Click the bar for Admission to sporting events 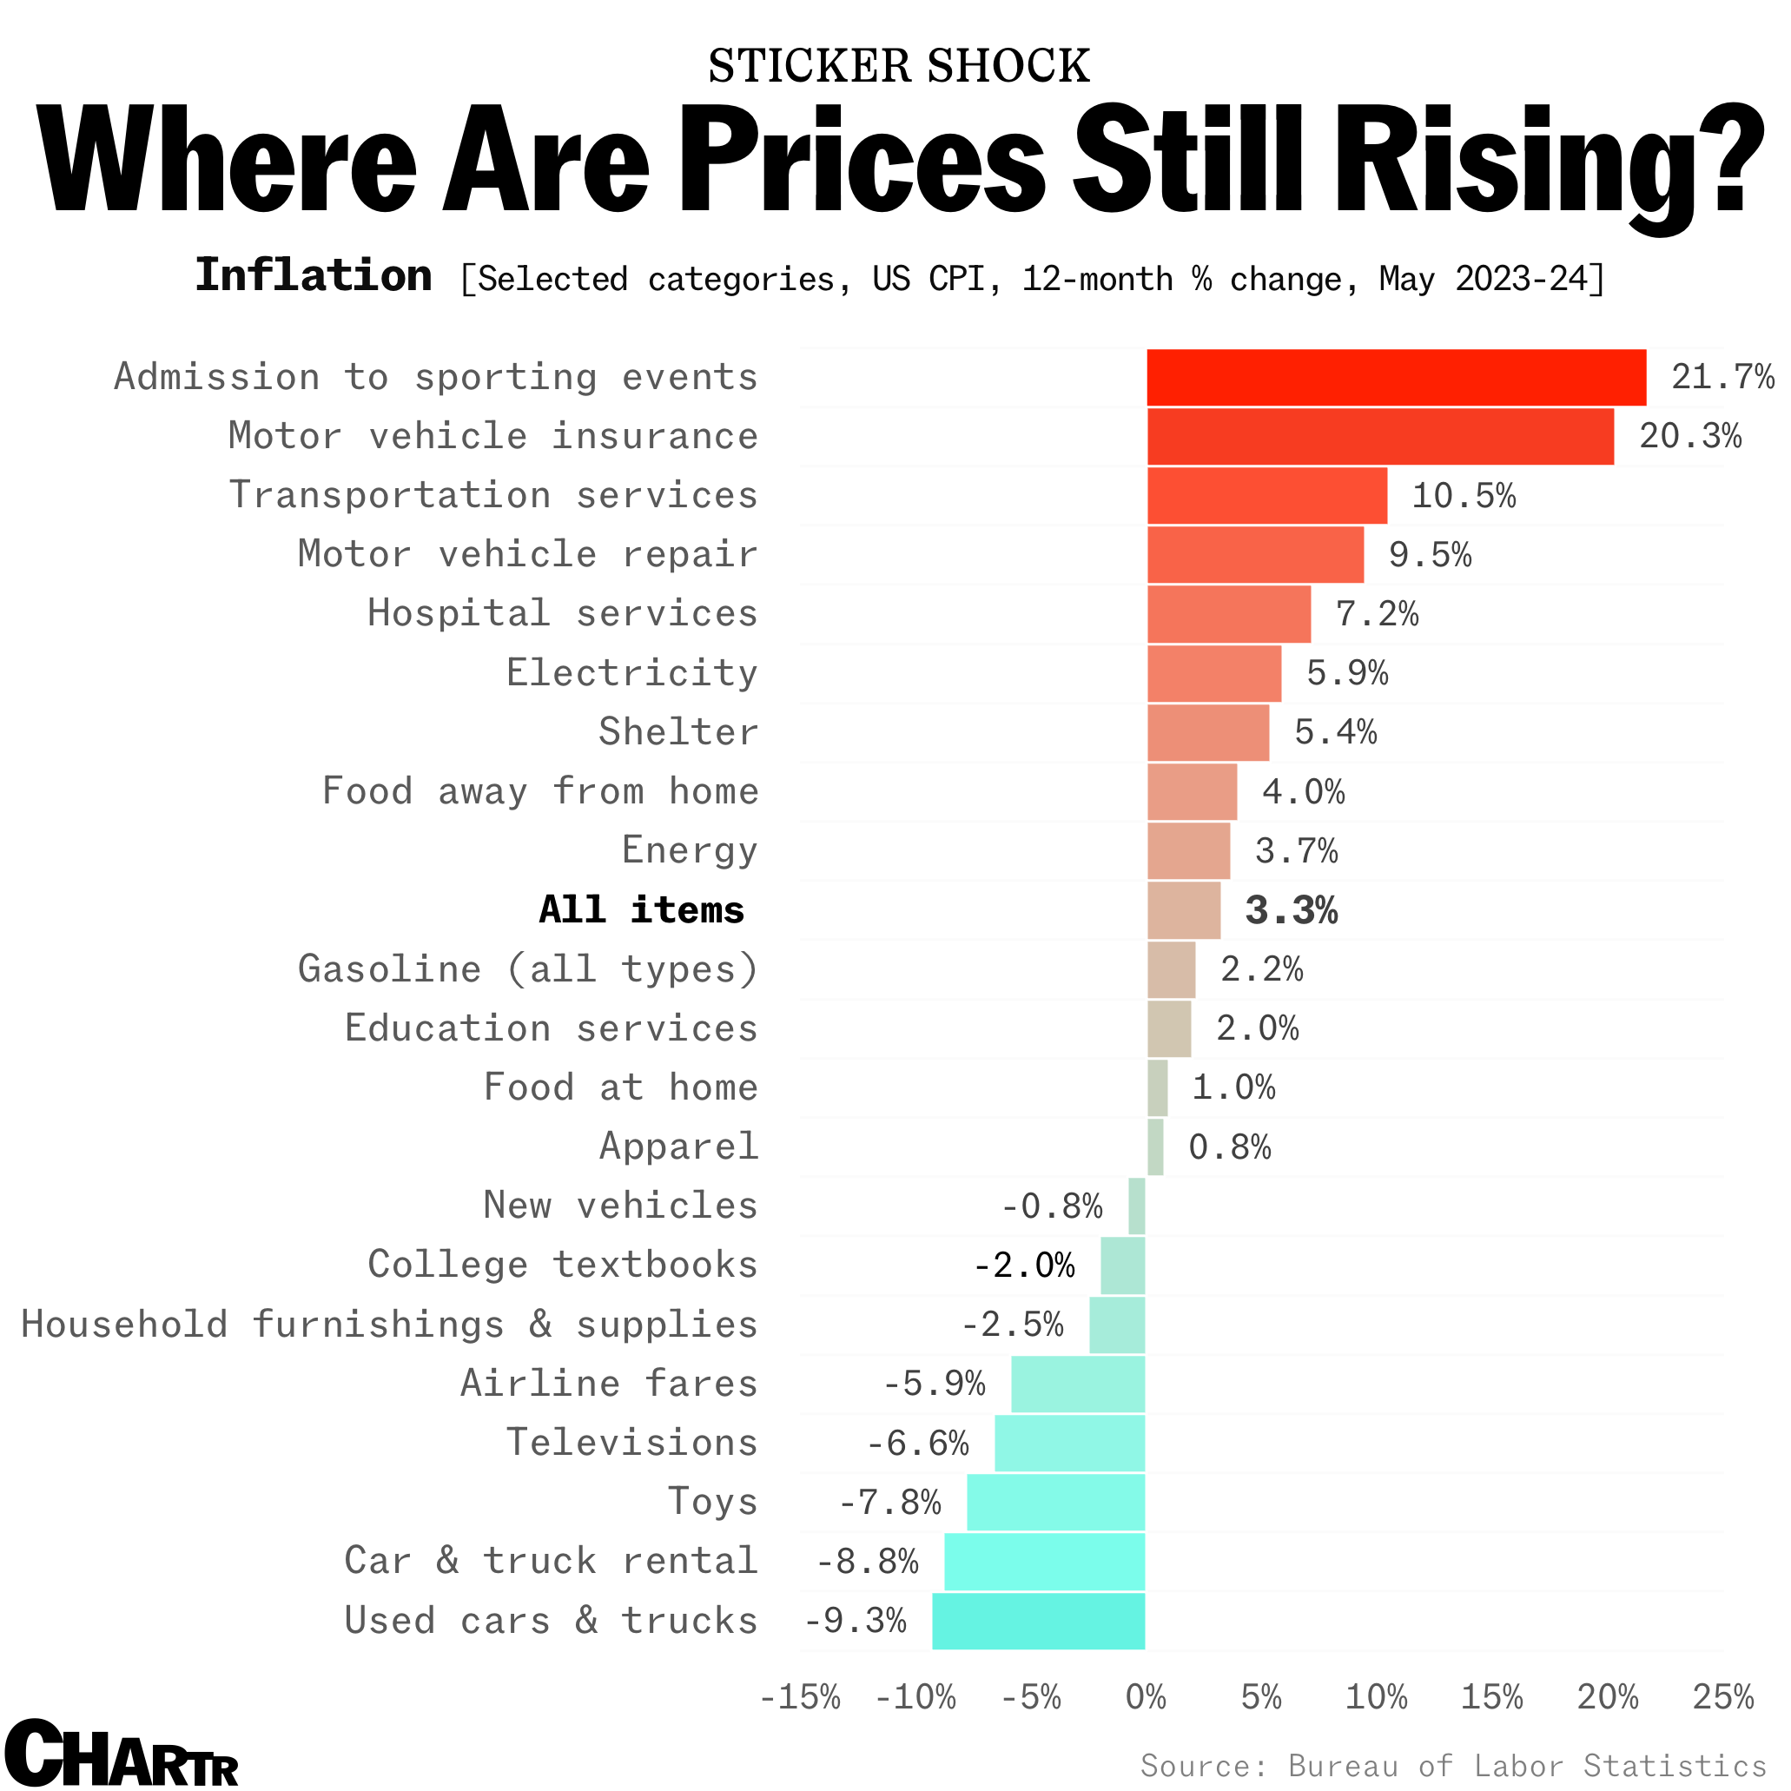pos(1396,377)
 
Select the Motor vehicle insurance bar pos(1379,437)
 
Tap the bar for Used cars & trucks pos(1038,1621)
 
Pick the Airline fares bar pos(1077,1383)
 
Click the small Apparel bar pos(1155,1147)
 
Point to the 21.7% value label pos(1722,377)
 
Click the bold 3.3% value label pos(1292,910)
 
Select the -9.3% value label pos(855,1621)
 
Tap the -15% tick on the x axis pos(800,1697)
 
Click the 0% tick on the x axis pos(1146,1697)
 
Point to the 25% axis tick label pos(1722,1697)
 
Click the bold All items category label pos(642,909)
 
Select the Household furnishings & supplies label pos(389,1324)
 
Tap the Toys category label pos(713,1502)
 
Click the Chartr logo pos(121,1752)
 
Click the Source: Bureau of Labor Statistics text pos(1452,1765)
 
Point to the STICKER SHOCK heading pos(898,66)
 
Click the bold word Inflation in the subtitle pos(314,275)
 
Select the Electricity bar pos(1214,674)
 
